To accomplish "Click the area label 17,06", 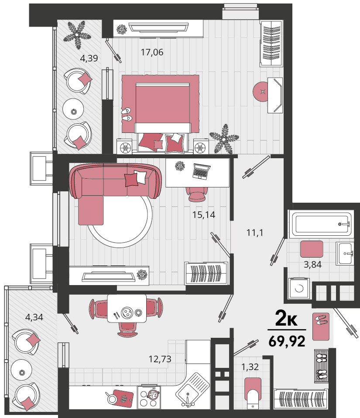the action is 152,52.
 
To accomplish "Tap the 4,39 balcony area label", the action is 89,58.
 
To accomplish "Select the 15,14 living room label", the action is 204,214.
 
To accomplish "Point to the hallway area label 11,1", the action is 255,233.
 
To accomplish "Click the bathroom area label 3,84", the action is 312,265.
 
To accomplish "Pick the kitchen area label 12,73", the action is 160,359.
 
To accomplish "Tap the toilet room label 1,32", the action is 250,367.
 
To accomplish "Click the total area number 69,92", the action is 287,341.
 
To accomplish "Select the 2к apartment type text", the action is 286,318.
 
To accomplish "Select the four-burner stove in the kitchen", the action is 149,397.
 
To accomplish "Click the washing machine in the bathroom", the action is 299,289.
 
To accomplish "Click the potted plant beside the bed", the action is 224,139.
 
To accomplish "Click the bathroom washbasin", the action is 345,254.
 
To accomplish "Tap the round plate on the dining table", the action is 127,313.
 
